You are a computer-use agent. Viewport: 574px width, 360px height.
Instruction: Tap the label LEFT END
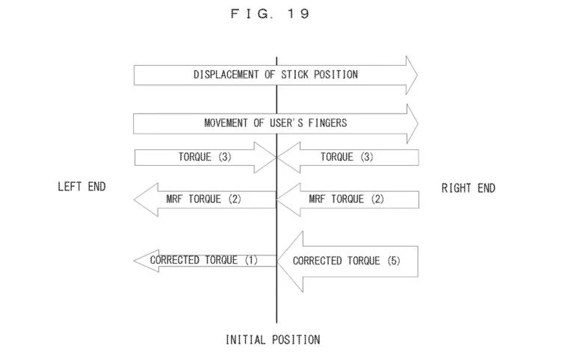81,187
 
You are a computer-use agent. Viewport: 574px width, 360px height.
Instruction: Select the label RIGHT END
468,188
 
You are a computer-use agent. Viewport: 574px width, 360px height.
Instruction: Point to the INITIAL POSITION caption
273,340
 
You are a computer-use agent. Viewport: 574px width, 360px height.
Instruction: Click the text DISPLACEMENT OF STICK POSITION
275,75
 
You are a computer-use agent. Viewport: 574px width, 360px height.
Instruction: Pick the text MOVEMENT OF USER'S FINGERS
275,123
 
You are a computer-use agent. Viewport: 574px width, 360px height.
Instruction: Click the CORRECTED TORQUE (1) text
203,260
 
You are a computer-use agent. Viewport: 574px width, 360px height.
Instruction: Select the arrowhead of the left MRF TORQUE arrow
144,199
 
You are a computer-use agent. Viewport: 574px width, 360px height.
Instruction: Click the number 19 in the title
298,13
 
